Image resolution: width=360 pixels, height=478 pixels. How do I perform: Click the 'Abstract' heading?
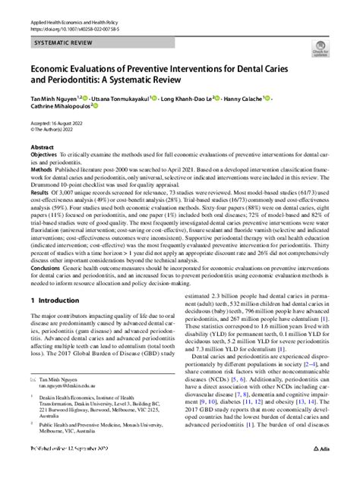pos(42,148)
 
